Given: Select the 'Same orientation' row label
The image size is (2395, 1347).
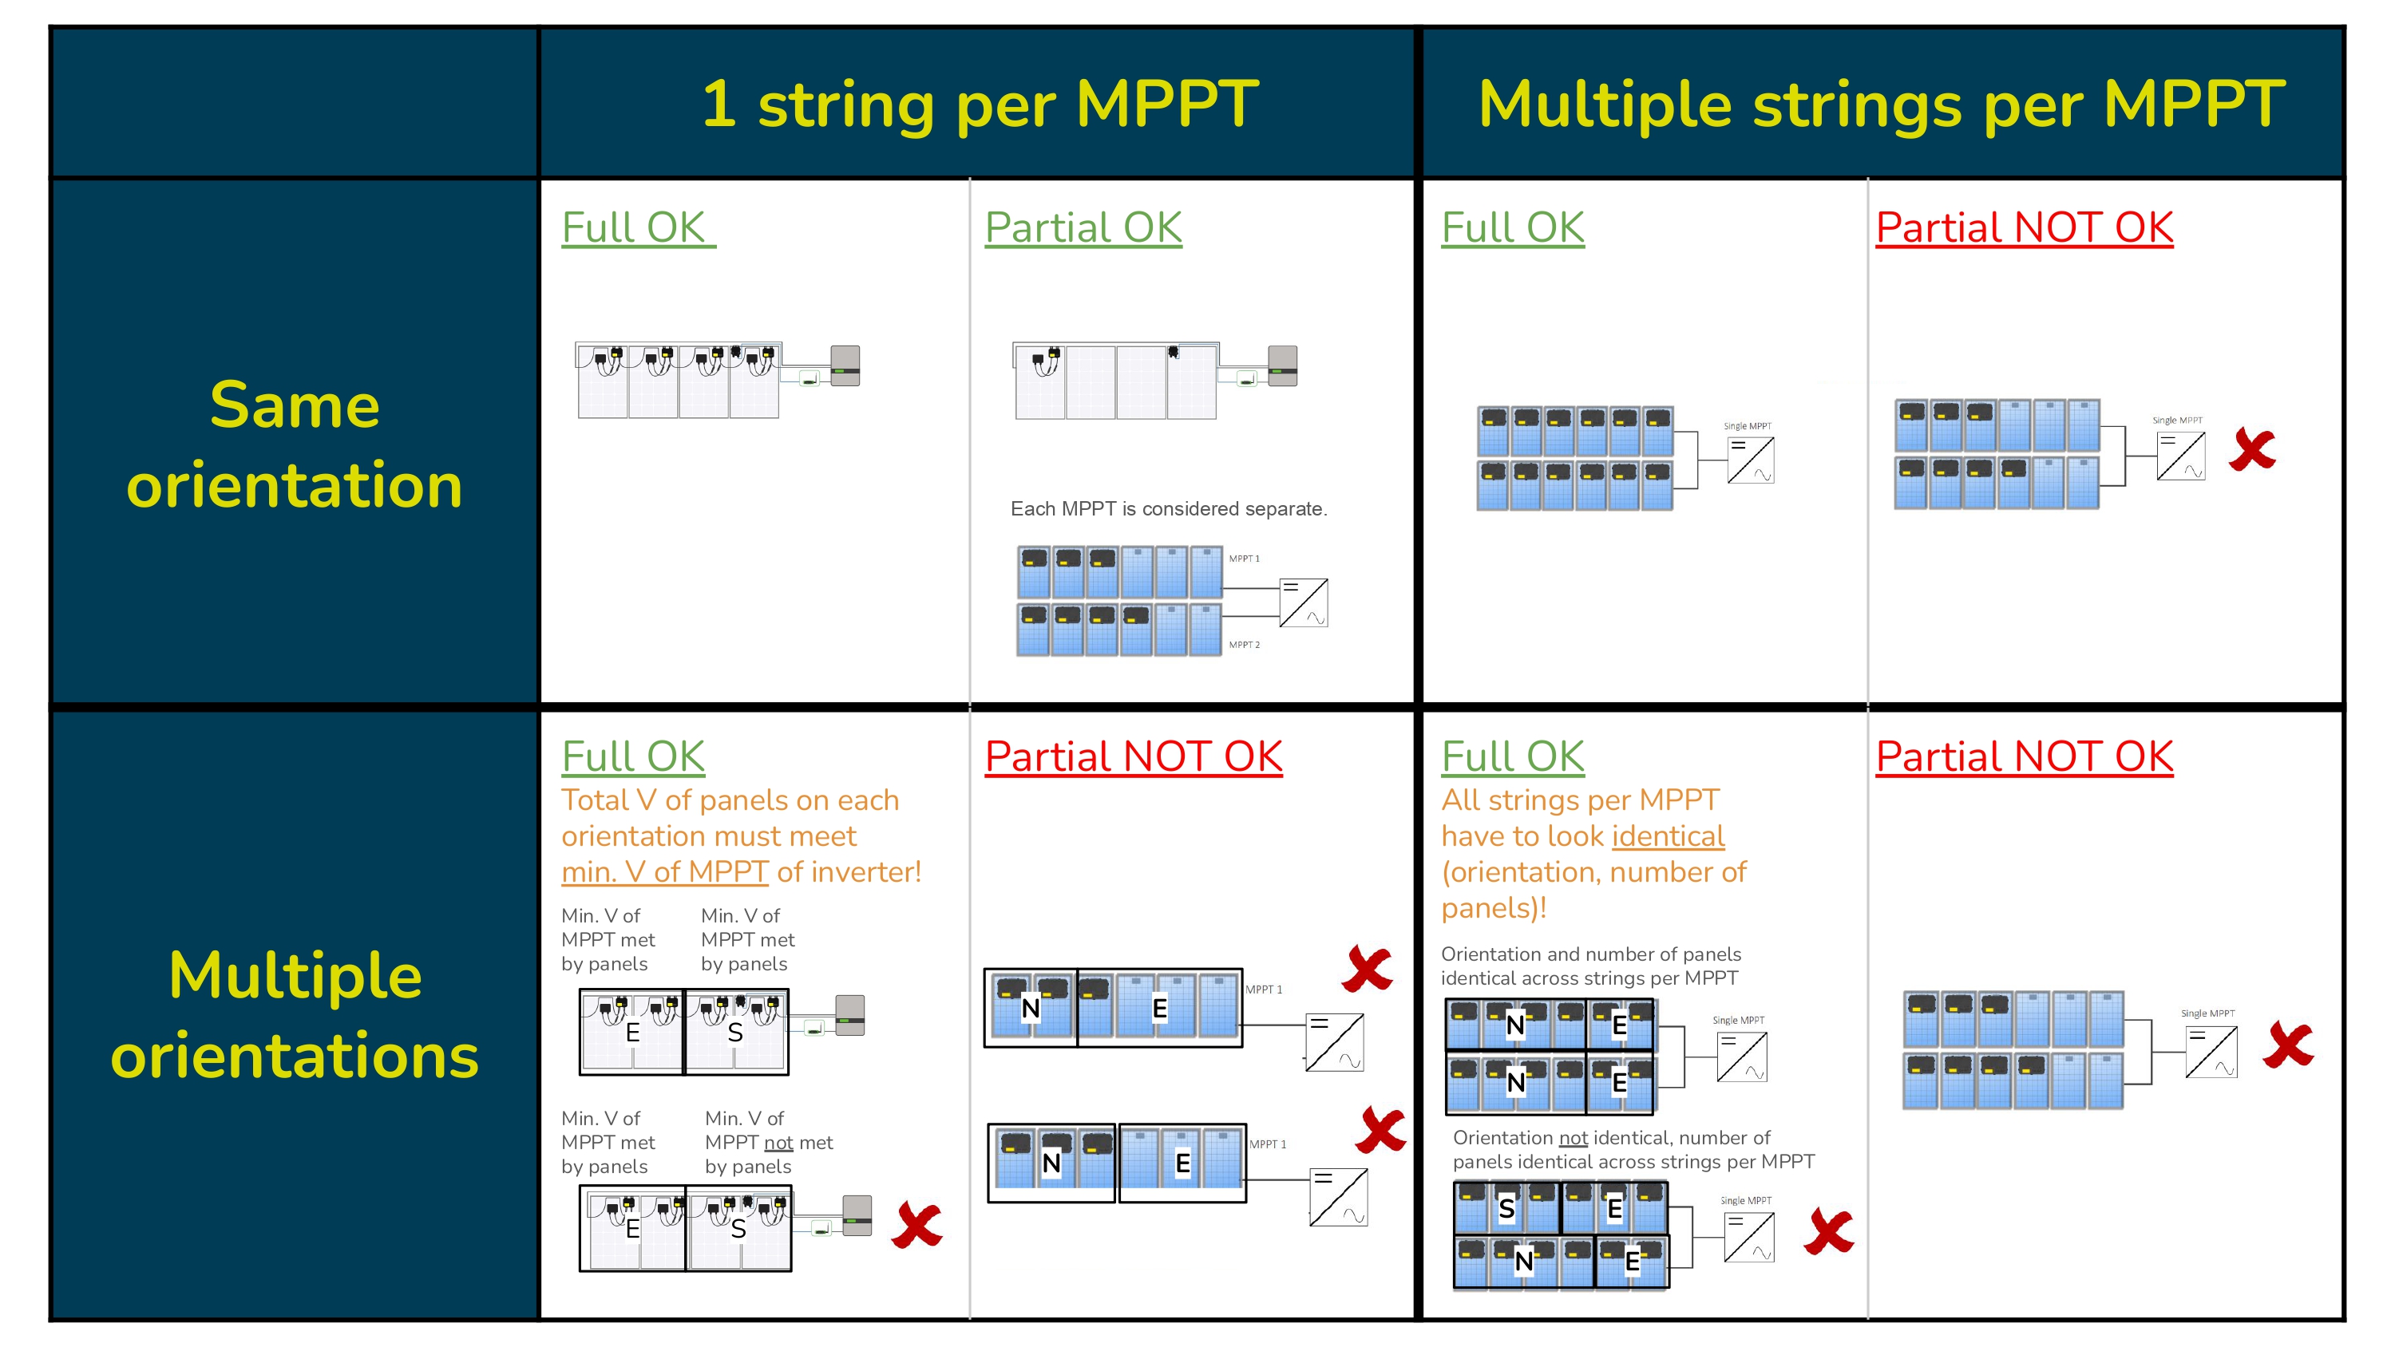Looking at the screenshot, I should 294,444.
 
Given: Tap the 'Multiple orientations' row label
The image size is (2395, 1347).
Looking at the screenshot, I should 294,1015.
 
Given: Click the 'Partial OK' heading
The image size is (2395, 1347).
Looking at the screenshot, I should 1083,227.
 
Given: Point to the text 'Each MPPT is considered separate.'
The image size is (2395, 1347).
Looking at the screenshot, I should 1169,508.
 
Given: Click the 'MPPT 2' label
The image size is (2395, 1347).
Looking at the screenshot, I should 1244,644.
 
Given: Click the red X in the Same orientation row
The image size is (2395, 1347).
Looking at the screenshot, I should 2252,450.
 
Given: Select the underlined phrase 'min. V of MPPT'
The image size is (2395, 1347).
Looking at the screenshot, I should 664,872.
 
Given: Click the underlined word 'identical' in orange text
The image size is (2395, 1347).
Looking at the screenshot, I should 1668,835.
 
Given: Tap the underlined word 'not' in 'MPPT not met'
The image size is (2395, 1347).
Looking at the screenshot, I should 778,1143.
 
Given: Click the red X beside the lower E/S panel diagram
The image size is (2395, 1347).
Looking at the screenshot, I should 916,1224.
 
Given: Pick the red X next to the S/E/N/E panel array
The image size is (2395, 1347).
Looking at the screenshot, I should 1829,1232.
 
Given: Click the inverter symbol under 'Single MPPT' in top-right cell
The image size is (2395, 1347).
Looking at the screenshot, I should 2180,456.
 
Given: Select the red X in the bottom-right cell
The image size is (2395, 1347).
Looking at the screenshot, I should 2288,1045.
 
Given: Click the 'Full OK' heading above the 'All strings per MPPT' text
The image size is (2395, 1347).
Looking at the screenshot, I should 1513,756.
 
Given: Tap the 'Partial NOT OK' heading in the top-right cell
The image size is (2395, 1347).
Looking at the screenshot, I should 2024,227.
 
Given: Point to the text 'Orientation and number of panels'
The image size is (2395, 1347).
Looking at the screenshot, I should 1591,954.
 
